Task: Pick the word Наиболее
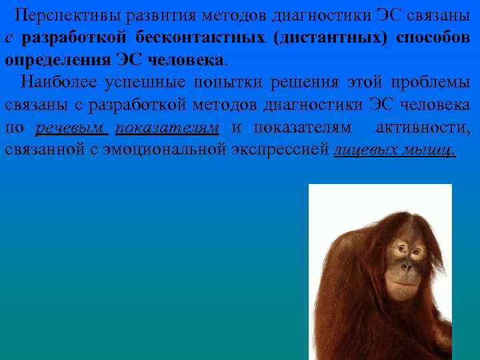click(x=59, y=82)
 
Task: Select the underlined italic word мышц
click(x=427, y=149)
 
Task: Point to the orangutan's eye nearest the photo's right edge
click(x=418, y=253)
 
